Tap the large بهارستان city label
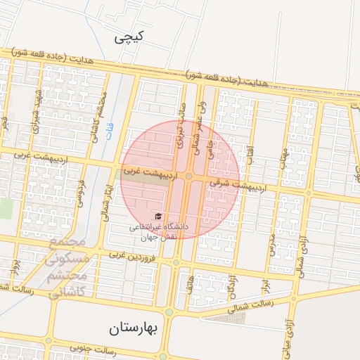[x=135, y=328]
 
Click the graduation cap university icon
[x=157, y=217]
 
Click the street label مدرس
[x=270, y=243]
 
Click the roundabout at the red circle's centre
[x=190, y=176]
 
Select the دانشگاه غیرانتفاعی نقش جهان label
[x=157, y=231]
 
